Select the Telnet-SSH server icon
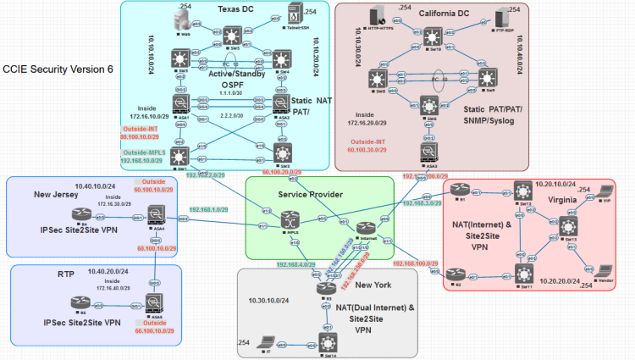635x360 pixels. click(x=292, y=14)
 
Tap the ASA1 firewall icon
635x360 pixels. click(x=179, y=104)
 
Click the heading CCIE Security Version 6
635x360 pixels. click(x=58, y=69)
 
